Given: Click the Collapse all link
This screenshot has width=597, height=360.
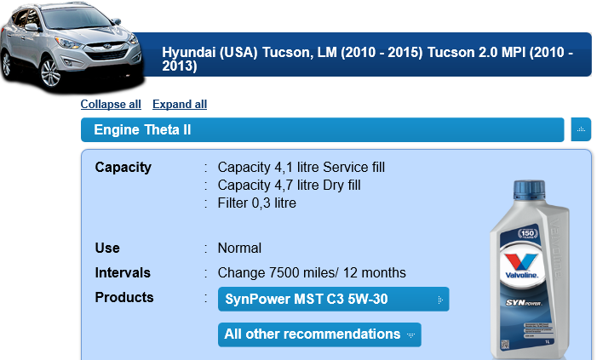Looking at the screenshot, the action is pos(111,105).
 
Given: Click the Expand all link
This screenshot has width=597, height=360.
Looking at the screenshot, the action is pos(180,105).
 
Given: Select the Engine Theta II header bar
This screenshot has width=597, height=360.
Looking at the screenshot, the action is pos(323,129).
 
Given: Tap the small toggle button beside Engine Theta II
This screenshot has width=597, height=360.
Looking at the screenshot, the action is pos(581,129).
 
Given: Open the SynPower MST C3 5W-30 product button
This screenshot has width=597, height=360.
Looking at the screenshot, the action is pos(334,299).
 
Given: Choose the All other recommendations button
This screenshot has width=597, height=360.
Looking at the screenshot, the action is pos(319,334).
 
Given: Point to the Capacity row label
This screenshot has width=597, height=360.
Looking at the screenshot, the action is pos(123,168).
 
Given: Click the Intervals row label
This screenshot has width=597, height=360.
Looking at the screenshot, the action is pos(123,273).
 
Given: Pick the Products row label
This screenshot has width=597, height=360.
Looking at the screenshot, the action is pos(124,298).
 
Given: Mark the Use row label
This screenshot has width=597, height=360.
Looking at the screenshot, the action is pos(107,249).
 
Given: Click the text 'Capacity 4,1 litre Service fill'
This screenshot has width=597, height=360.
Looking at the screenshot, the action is pos(301,168).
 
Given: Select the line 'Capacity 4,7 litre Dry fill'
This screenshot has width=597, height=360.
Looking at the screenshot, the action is pos(289,186).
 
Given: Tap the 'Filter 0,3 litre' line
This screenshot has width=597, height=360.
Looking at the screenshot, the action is pos(256,203).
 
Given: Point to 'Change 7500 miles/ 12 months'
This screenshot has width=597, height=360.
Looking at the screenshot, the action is pos(312,273).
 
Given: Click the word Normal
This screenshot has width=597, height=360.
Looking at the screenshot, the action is pos(239,249).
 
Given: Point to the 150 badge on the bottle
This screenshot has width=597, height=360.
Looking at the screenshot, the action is pos(528,233).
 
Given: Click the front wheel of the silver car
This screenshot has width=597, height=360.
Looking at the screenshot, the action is pos(50,72).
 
